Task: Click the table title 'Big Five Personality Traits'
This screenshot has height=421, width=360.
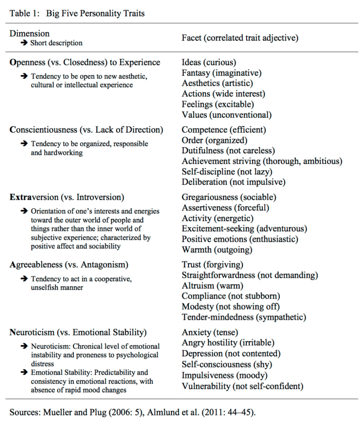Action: click(95, 13)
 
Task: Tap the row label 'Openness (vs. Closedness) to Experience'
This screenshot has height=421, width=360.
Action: click(85, 62)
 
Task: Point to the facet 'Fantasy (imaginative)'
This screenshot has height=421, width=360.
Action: click(222, 73)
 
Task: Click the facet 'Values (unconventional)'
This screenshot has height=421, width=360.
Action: click(226, 115)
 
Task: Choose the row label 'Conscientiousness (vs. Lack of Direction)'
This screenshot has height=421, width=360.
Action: click(87, 129)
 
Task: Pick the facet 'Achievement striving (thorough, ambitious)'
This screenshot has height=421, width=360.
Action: click(262, 161)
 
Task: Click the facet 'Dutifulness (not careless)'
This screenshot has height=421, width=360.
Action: click(228, 150)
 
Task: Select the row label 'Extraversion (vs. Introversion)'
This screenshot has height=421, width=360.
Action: click(67, 197)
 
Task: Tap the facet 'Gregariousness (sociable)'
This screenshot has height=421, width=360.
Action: click(229, 197)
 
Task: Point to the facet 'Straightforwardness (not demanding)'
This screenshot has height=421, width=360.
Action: click(250, 275)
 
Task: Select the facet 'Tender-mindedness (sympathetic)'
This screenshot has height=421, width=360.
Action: click(244, 317)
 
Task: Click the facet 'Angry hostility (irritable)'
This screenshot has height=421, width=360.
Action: click(228, 343)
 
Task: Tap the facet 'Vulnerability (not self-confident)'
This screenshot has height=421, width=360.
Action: click(243, 385)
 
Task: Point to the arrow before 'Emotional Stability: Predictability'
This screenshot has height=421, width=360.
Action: click(24, 372)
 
